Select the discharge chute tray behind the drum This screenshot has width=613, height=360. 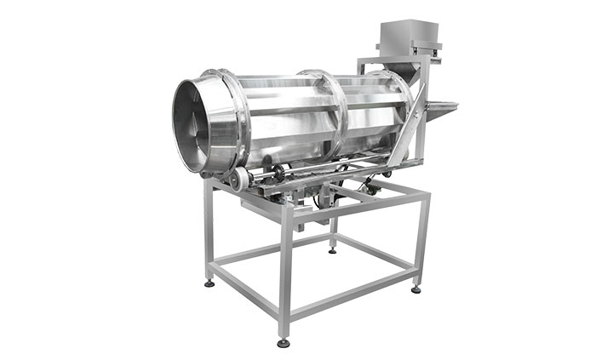tap(438, 109)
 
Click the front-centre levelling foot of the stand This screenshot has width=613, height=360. tap(283, 343)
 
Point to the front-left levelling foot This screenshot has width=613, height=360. tap(209, 283)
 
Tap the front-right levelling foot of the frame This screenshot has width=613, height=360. tap(415, 289)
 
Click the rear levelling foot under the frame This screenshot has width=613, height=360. tap(332, 249)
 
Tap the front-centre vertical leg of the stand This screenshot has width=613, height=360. tap(285, 272)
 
